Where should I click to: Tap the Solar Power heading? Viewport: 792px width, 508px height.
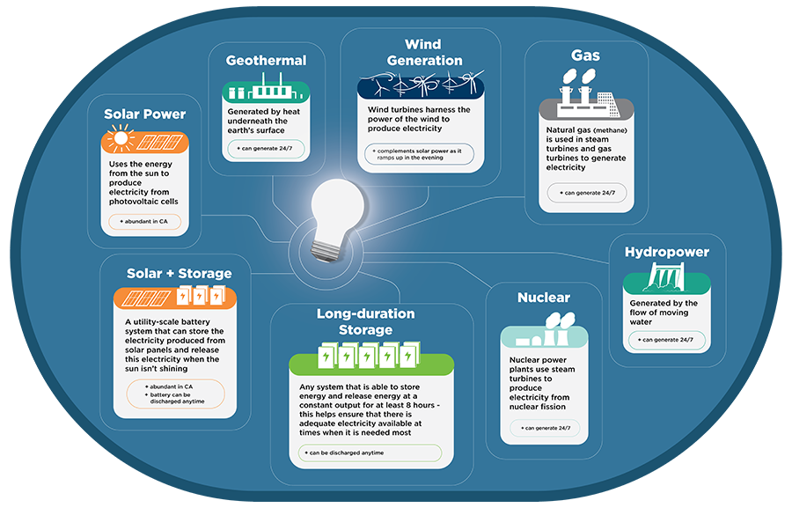pos(145,114)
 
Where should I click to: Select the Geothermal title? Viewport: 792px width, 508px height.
pos(266,61)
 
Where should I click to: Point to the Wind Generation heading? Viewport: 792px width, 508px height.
pos(422,53)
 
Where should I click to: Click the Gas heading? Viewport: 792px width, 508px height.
pos(585,55)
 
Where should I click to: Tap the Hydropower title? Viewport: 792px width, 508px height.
pos(666,252)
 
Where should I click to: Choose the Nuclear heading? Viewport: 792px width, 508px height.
pos(544,298)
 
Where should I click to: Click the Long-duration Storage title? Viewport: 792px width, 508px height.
pos(365,321)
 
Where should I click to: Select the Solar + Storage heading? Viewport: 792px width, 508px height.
pos(179,274)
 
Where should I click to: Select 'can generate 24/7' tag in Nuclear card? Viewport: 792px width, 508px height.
pos(546,429)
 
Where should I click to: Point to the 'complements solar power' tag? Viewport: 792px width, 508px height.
pos(419,155)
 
